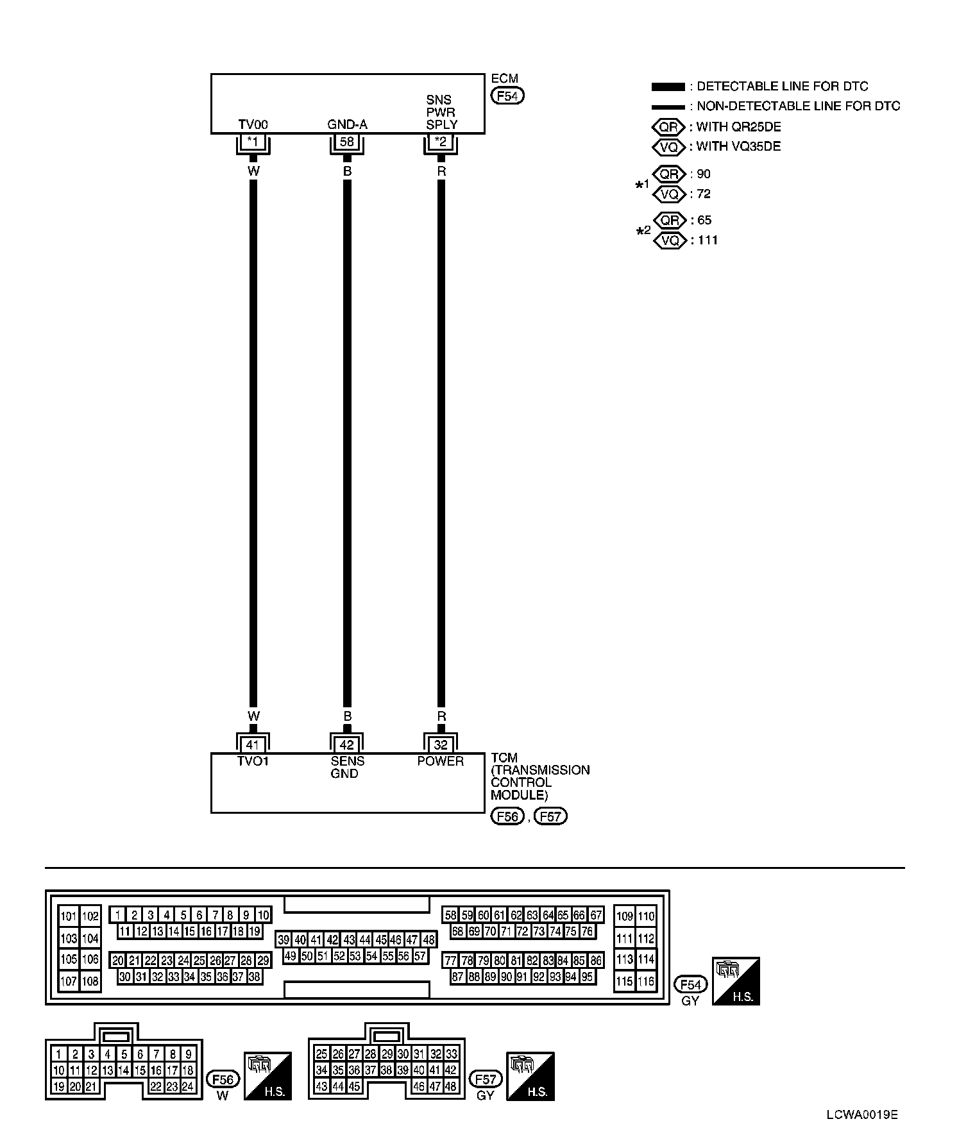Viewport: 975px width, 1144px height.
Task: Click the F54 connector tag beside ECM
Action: [507, 96]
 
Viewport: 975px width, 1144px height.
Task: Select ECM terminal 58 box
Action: [347, 142]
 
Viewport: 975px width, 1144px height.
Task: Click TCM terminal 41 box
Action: [253, 744]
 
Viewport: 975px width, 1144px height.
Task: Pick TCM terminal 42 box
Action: [347, 744]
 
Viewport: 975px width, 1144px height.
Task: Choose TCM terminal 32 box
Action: [441, 744]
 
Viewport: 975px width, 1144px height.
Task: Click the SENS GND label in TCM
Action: [347, 768]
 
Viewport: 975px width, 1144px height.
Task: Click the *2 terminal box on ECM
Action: [441, 142]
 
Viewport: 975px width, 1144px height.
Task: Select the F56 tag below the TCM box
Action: [507, 816]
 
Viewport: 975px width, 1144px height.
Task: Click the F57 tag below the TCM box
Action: [550, 816]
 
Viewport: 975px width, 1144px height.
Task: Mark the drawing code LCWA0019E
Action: [861, 1115]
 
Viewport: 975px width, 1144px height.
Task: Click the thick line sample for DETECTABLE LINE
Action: [668, 87]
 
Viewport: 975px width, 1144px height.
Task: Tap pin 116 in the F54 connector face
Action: [646, 981]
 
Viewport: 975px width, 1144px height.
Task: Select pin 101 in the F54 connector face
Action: [68, 916]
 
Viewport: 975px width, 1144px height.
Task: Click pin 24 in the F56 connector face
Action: [188, 1086]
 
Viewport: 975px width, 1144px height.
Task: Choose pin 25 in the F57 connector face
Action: [322, 1054]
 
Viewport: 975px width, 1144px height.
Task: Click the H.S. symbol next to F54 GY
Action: [736, 981]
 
